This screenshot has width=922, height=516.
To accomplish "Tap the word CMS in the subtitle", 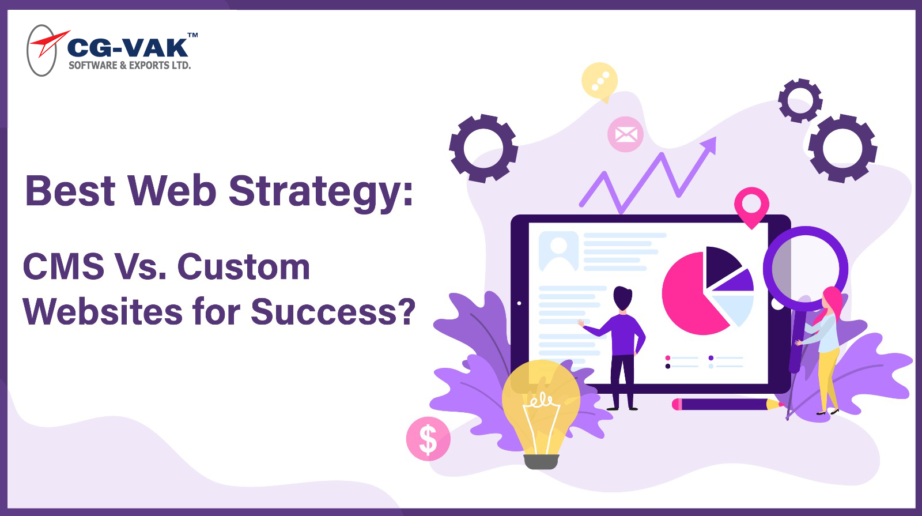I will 63,267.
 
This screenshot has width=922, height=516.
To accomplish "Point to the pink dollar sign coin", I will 428,439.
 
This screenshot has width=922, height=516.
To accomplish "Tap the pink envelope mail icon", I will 626,134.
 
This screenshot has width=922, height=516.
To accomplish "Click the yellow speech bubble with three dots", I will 600,81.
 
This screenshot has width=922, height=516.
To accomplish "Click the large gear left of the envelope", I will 483,148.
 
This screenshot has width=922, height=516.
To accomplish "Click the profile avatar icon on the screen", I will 558,250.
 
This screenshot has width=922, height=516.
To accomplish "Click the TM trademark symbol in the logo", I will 193,35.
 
